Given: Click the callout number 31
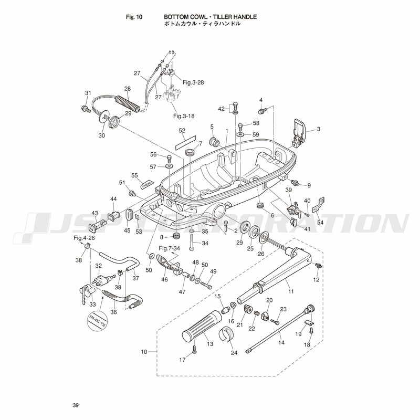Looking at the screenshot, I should pyautogui.click(x=88, y=93).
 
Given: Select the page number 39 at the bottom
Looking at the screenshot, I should pyautogui.click(x=76, y=405).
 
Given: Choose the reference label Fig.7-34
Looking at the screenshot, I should pyautogui.click(x=169, y=248).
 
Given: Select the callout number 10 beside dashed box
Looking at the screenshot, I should pyautogui.click(x=144, y=352).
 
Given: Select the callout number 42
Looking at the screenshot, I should pyautogui.click(x=221, y=109).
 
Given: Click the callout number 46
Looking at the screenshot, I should pyautogui.click(x=164, y=280).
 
